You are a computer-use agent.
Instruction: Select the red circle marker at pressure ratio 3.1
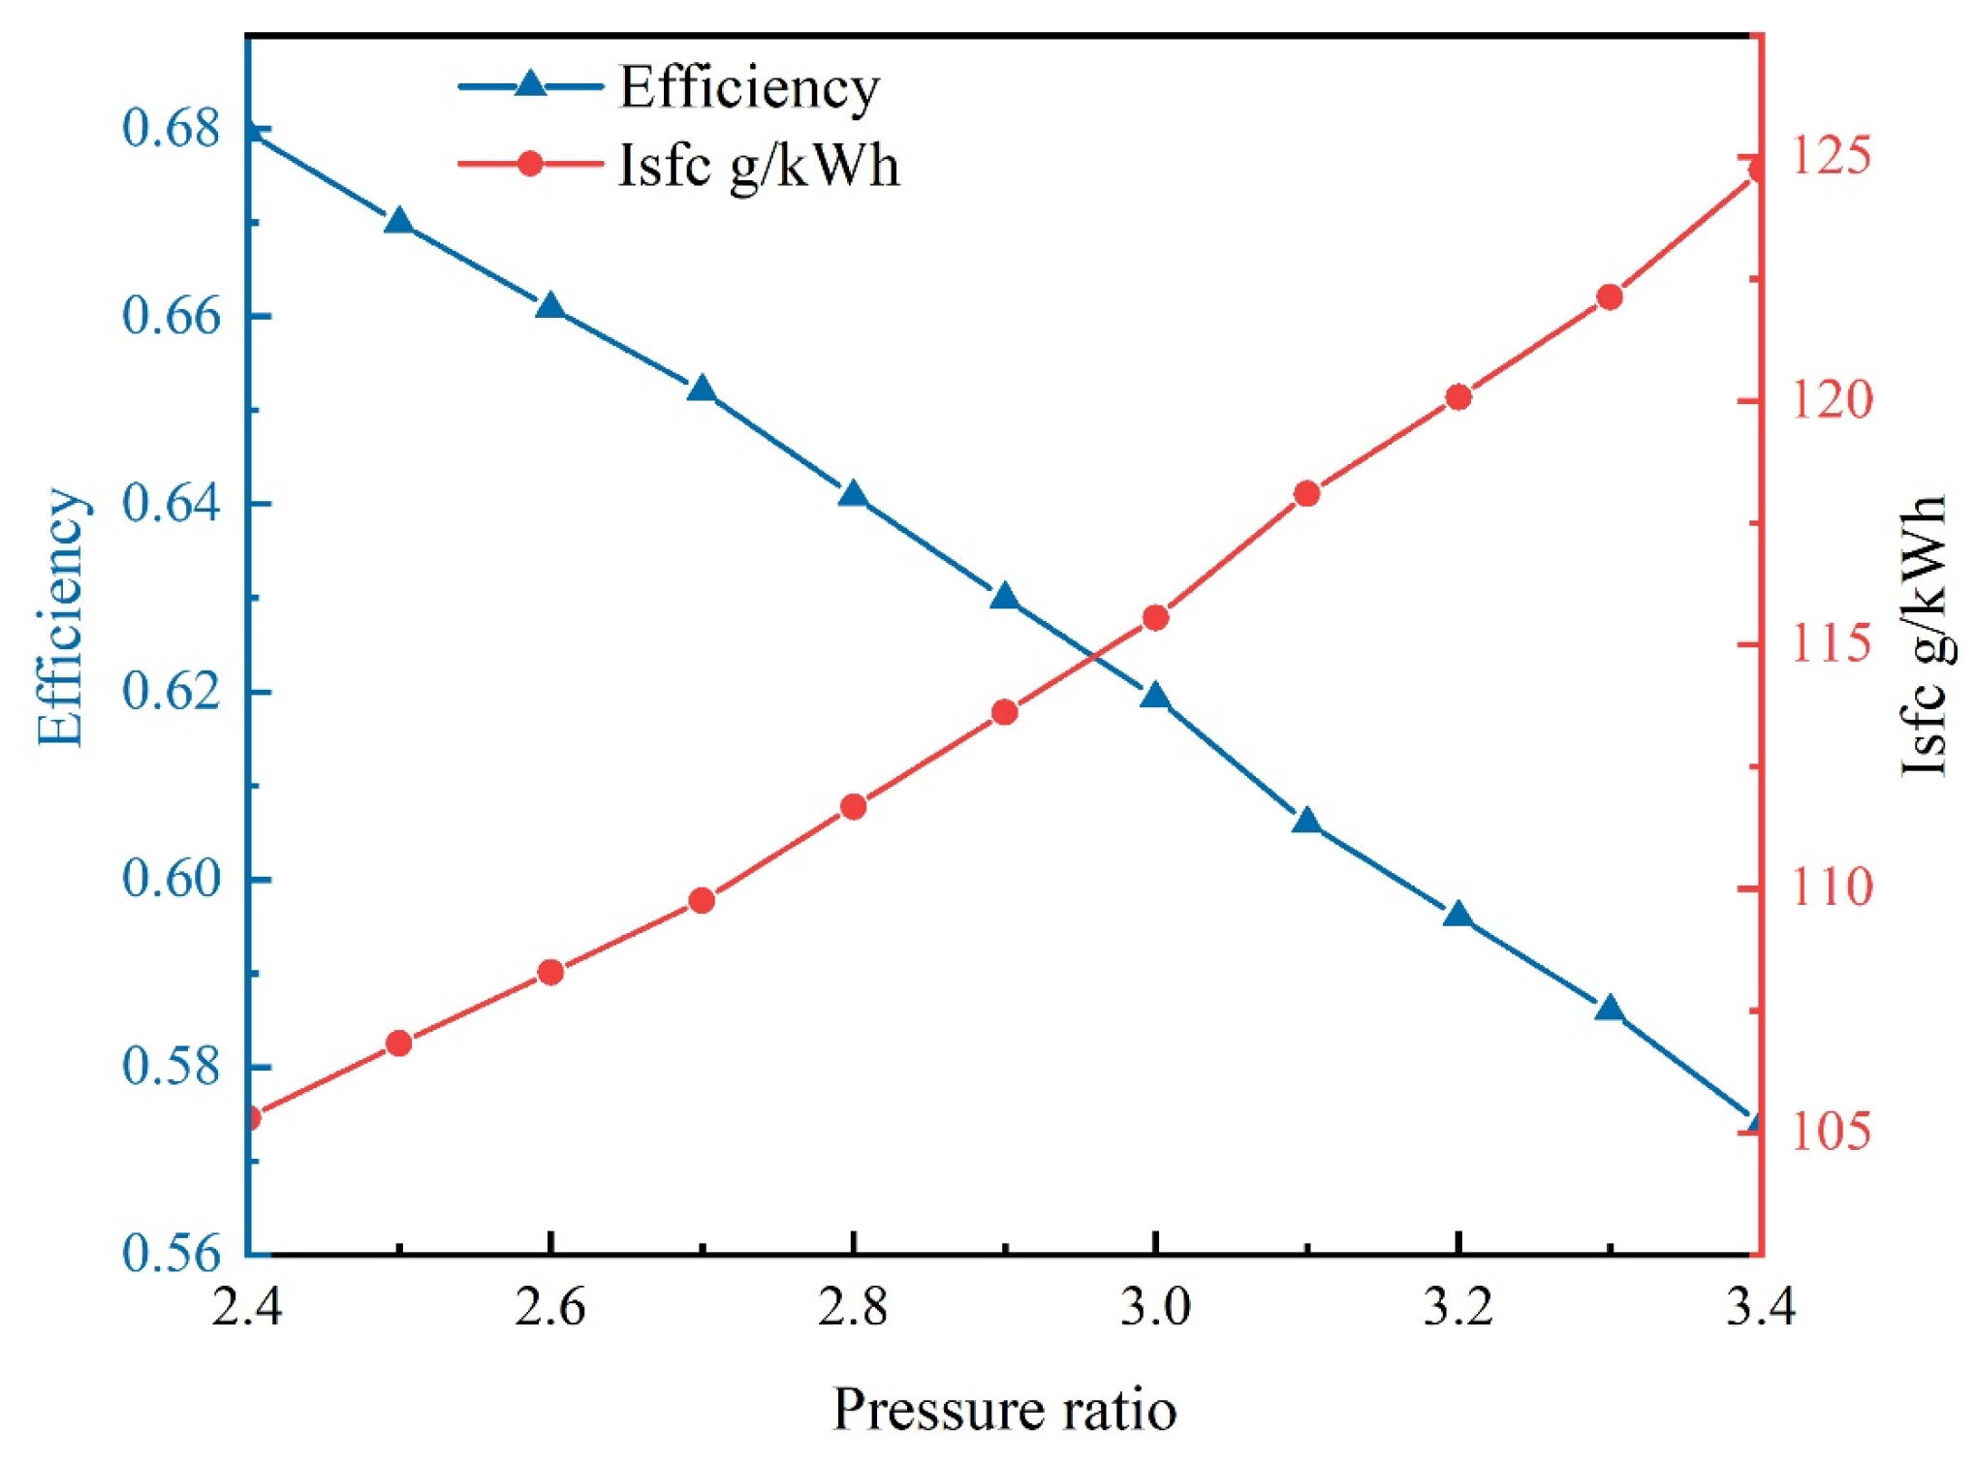[x=1307, y=494]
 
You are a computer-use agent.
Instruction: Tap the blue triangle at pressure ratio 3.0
[x=1155, y=697]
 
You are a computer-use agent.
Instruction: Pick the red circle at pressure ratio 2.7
[x=702, y=901]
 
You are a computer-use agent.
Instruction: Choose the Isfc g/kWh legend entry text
[x=759, y=166]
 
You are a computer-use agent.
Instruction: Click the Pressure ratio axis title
[x=1004, y=1410]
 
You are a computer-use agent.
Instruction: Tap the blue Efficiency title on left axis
[x=60, y=617]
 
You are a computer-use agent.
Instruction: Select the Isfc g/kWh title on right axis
[x=1924, y=636]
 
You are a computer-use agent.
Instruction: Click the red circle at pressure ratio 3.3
[x=1610, y=297]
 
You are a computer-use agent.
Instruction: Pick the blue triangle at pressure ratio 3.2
[x=1458, y=916]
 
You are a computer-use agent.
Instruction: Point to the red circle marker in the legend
[x=530, y=163]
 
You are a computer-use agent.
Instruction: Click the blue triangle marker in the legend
[x=530, y=84]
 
